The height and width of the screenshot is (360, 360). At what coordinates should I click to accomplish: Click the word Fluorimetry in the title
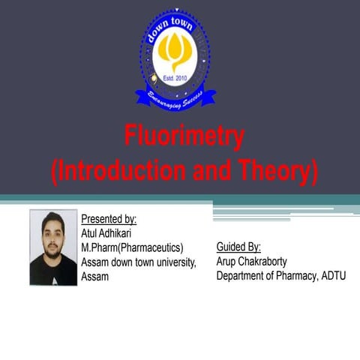184,138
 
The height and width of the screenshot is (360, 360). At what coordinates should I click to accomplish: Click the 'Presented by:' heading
109,219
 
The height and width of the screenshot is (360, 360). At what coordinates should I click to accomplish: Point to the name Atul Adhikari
106,233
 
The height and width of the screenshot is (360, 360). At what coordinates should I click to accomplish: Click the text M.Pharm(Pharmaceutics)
132,247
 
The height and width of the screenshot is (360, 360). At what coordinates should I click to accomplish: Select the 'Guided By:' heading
238,247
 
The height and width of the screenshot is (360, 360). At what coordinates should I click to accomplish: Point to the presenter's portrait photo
53,247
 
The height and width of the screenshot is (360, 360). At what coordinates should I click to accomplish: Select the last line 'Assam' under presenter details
95,276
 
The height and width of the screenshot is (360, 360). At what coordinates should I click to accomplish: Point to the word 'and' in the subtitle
212,172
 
